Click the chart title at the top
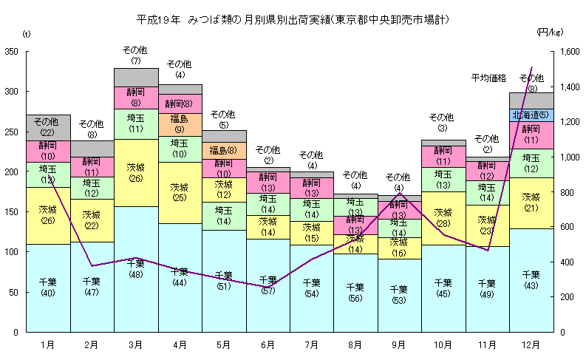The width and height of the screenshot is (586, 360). click(x=293, y=18)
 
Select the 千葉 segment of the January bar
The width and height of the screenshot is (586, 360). click(x=48, y=288)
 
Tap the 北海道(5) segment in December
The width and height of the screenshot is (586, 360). click(x=532, y=115)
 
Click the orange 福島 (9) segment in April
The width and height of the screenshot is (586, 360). click(x=180, y=123)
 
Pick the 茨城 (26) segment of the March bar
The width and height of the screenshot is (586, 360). click(x=136, y=172)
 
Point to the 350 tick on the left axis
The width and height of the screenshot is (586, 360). click(x=11, y=52)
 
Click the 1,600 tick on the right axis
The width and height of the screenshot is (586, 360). click(x=573, y=52)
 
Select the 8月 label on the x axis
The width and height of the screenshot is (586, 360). click(x=355, y=344)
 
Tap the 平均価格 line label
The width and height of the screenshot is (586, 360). click(x=488, y=78)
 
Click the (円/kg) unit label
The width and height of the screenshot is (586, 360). click(x=550, y=33)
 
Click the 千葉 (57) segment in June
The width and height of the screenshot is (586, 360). click(x=268, y=285)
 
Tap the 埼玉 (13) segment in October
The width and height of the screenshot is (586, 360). click(x=443, y=179)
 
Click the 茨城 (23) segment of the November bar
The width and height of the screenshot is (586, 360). click(x=487, y=225)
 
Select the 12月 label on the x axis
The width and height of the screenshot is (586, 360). click(x=531, y=344)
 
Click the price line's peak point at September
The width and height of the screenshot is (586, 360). click(x=399, y=194)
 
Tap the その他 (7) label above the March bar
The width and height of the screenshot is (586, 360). click(x=136, y=55)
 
